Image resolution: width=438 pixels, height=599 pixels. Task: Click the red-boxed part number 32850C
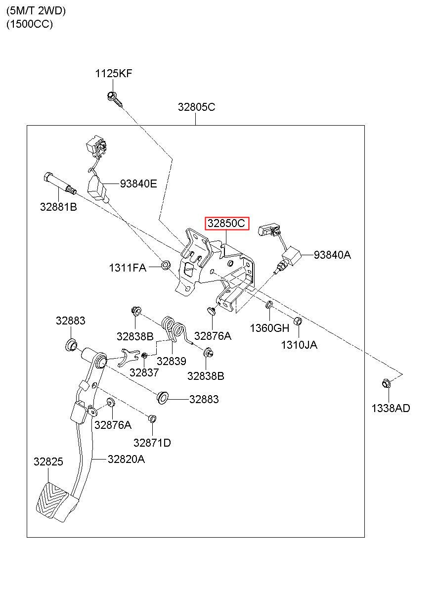(226, 223)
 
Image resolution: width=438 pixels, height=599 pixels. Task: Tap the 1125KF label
(114, 73)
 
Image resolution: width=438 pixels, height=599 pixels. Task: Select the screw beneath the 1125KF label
(115, 99)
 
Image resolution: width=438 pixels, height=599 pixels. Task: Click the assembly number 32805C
(196, 107)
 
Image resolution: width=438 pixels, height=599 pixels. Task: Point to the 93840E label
(138, 184)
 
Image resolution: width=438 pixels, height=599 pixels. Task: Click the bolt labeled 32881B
(60, 183)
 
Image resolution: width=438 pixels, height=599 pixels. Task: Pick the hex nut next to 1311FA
(166, 265)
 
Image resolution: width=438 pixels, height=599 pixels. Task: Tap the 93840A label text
(332, 255)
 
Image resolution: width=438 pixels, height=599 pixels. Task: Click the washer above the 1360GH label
(269, 305)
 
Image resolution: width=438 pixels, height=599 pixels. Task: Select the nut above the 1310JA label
(298, 321)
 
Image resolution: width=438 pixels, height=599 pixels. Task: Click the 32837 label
(144, 372)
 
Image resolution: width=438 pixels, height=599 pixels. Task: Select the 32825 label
(48, 461)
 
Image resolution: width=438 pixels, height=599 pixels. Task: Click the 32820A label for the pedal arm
(126, 459)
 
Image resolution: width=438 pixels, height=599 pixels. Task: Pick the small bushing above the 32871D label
(152, 418)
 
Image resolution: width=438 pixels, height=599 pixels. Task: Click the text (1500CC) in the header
(29, 24)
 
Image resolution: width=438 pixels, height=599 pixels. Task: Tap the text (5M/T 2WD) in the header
(36, 11)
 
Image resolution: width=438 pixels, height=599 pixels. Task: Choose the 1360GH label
(269, 328)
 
